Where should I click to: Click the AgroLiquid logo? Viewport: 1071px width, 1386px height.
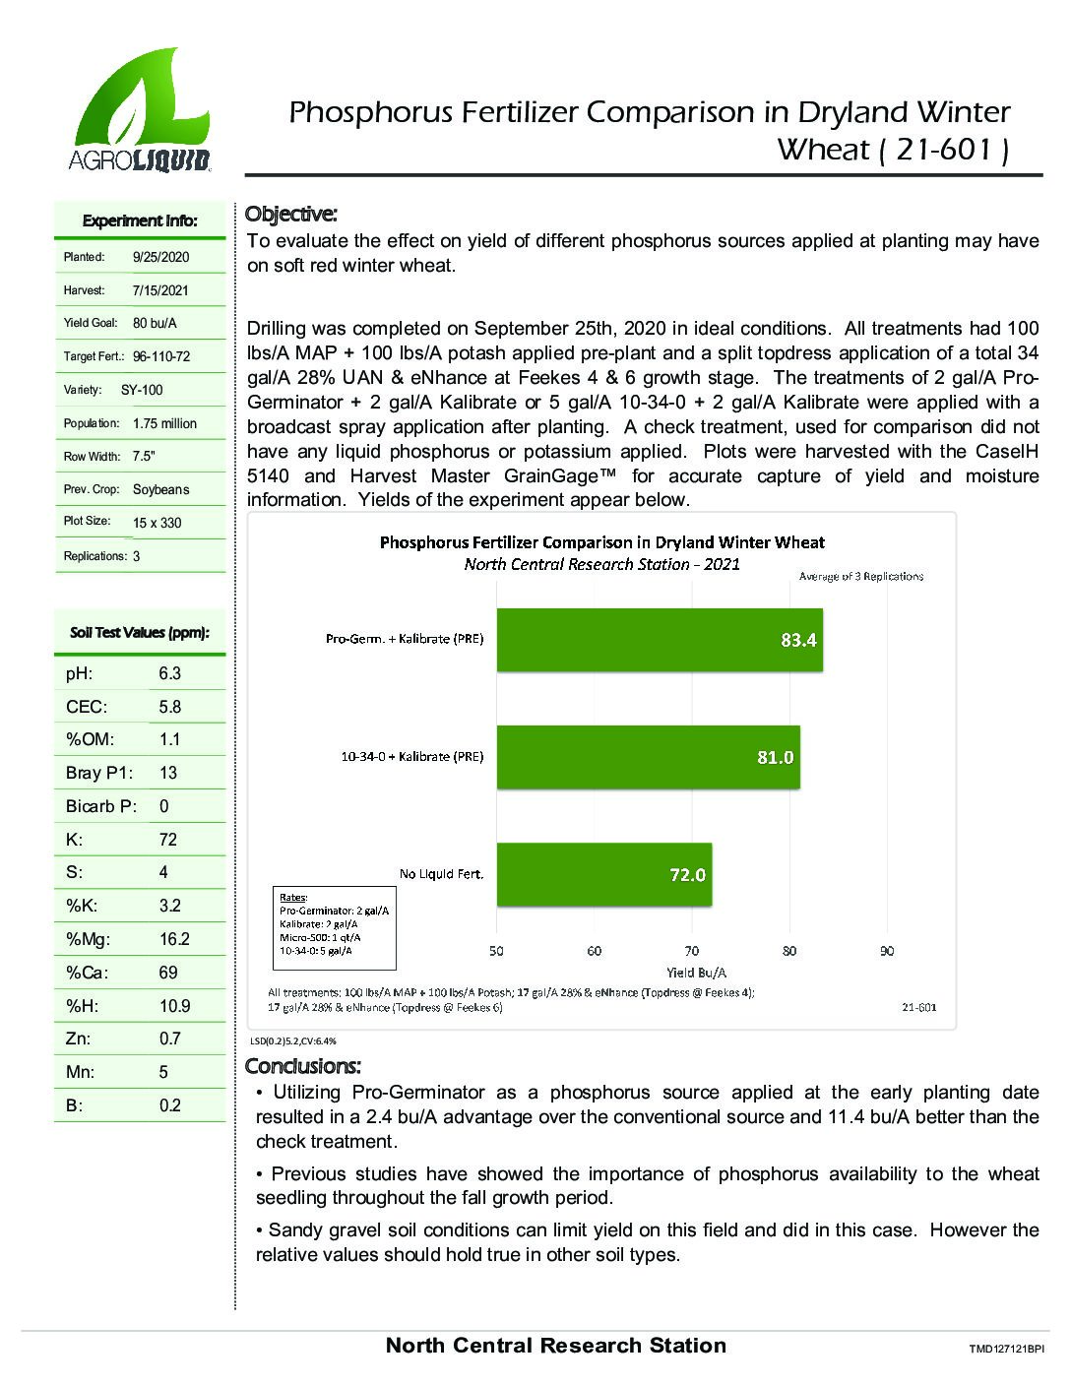point(141,110)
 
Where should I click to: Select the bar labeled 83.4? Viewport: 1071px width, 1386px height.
point(659,640)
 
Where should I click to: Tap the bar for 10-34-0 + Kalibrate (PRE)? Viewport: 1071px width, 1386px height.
point(648,757)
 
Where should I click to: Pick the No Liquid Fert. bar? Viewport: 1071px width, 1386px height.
point(603,874)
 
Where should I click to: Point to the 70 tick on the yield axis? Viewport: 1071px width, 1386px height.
point(692,951)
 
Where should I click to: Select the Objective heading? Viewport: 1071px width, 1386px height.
point(290,214)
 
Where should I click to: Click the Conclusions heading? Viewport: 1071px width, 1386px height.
point(303,1066)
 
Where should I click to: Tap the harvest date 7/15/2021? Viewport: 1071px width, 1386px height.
point(160,290)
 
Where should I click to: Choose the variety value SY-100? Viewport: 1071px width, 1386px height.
point(142,390)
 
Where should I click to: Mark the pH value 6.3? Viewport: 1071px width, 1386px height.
point(170,673)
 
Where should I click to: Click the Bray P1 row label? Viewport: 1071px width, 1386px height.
point(99,773)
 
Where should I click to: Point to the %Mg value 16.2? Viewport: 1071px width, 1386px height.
point(174,939)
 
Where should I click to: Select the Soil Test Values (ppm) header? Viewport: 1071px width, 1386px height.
point(140,633)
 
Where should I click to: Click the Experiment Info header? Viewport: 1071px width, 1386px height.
point(140,220)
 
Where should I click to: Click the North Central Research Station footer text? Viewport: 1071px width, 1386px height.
point(555,1346)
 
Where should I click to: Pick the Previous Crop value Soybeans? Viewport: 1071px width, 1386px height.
point(160,489)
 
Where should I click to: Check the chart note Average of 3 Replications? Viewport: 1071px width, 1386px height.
point(860,576)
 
